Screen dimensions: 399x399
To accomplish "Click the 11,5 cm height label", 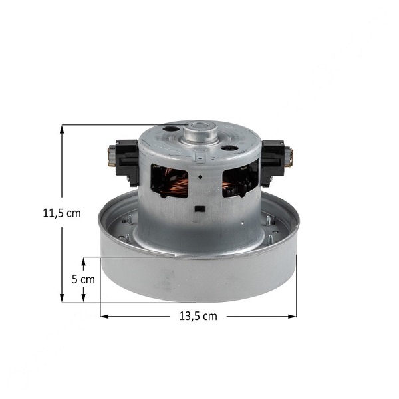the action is coord(62,213).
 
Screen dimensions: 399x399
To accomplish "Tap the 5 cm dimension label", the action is coord(83,279).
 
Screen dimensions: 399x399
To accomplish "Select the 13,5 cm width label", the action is coord(198,316).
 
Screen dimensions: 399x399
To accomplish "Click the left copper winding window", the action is coord(169,181).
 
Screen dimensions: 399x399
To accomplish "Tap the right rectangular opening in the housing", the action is coord(241,178).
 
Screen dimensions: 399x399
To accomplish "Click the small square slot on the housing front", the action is coord(199,209).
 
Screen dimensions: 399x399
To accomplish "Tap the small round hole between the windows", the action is coord(200,177).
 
